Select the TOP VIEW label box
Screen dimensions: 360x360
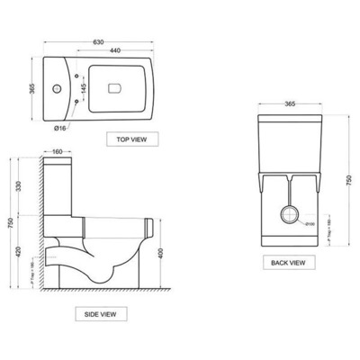130,139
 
